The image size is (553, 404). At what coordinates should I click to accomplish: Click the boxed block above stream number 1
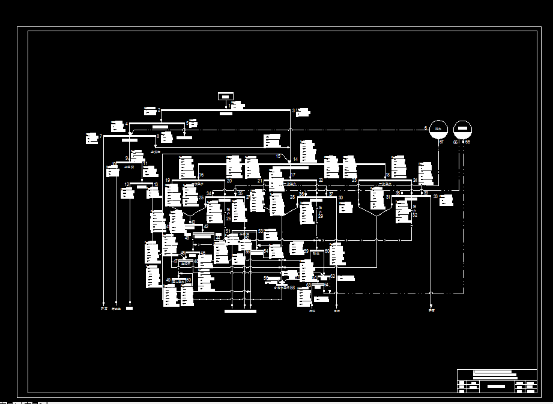tap(225, 97)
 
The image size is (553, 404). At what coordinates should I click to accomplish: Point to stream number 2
tap(159, 110)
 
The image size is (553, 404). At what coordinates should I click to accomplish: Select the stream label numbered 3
tap(294, 110)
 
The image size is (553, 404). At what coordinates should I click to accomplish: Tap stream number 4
tap(127, 124)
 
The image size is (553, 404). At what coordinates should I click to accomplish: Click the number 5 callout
tap(187, 123)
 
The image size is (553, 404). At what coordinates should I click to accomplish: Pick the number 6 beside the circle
tap(426, 128)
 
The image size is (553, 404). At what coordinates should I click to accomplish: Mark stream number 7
tap(101, 137)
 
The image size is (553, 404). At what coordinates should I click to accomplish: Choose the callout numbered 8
tap(158, 137)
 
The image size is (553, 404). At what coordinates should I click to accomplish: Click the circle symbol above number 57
tap(439, 129)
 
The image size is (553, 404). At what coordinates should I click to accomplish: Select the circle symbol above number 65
tap(462, 129)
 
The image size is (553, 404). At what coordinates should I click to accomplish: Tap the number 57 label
tap(441, 142)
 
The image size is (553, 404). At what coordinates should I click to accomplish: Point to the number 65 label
tap(467, 142)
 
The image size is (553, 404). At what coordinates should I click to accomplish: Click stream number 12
tap(127, 184)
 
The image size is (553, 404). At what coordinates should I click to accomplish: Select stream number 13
tap(156, 184)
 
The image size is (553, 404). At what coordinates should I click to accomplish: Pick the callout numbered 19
tap(168, 180)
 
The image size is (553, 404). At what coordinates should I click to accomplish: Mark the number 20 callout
tap(229, 180)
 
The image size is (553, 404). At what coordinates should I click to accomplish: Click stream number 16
tap(201, 175)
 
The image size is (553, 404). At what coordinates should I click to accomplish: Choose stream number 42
tap(206, 226)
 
